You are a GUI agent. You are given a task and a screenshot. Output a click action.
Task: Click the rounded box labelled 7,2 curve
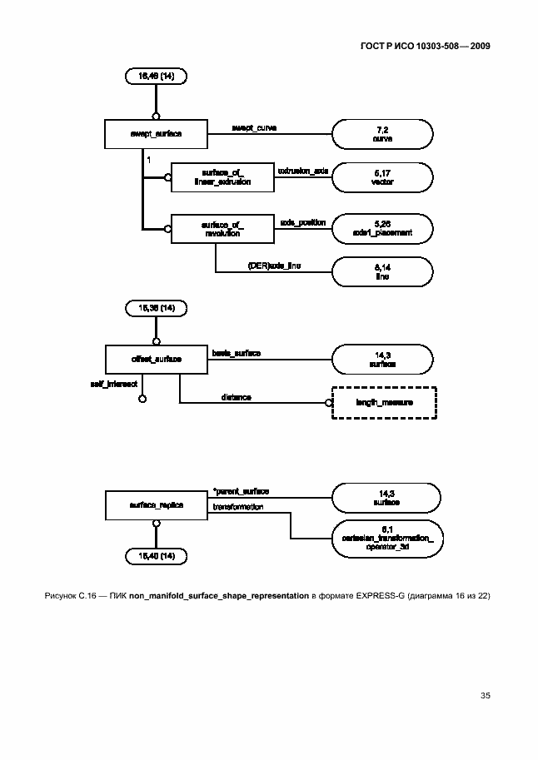pyautogui.click(x=382, y=133)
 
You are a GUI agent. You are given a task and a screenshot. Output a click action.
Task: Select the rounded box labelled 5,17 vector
pyautogui.click(x=382, y=176)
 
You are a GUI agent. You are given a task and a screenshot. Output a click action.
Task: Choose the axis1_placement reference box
pyautogui.click(x=382, y=227)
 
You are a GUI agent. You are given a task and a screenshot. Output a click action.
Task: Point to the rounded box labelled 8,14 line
pyautogui.click(x=382, y=271)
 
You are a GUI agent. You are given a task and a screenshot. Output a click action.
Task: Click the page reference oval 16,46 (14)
pyautogui.click(x=156, y=77)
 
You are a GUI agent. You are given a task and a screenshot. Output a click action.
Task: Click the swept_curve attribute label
pyautogui.click(x=254, y=127)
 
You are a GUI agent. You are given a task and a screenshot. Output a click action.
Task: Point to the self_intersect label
pyautogui.click(x=112, y=385)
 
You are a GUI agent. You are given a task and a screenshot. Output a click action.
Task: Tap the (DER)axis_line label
pyautogui.click(x=273, y=265)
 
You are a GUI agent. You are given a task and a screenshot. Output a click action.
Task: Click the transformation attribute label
pyautogui.click(x=238, y=507)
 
